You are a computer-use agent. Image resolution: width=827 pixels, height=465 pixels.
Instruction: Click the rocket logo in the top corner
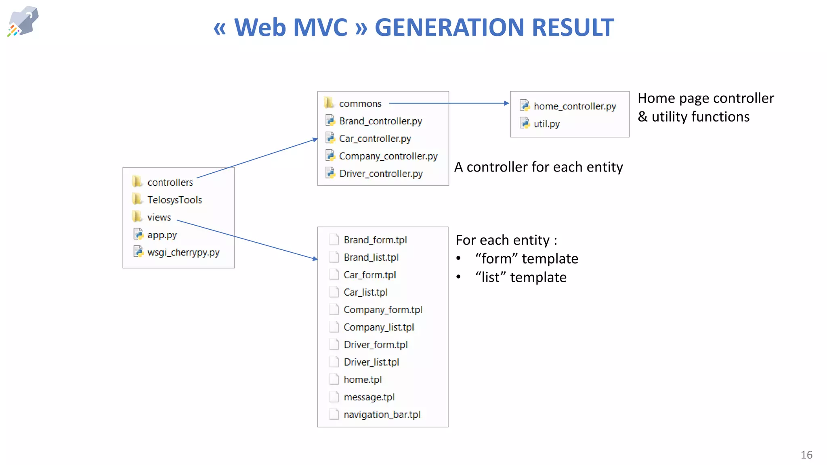point(23,21)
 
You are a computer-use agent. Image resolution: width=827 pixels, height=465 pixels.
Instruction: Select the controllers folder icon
point(137,182)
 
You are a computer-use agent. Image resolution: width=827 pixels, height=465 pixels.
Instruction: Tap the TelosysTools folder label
point(174,200)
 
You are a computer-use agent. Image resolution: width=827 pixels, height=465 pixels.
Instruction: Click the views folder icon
point(137,217)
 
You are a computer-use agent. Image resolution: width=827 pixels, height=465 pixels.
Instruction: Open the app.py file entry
point(162,235)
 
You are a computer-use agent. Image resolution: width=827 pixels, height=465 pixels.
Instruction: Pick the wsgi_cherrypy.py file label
point(183,252)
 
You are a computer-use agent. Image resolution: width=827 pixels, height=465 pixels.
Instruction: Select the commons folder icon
point(329,103)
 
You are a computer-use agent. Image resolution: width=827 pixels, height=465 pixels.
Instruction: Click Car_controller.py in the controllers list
point(375,138)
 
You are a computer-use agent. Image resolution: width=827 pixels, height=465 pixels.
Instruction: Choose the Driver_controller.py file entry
point(380,174)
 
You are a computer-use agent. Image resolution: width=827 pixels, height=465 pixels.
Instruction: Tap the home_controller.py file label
point(575,106)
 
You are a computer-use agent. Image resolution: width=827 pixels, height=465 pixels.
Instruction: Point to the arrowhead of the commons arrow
point(507,103)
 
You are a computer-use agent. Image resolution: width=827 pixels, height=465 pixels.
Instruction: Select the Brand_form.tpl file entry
point(375,240)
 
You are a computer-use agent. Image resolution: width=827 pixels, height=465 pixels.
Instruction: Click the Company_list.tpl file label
point(379,327)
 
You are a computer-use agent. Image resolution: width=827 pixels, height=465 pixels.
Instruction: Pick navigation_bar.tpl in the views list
point(382,415)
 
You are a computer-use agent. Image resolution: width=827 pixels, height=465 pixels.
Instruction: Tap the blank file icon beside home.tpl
point(334,379)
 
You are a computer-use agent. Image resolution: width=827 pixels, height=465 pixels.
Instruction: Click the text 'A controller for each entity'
point(538,167)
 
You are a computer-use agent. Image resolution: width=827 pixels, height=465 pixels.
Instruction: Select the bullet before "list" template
point(459,277)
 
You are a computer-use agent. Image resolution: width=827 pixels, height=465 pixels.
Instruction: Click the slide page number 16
point(806,455)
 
